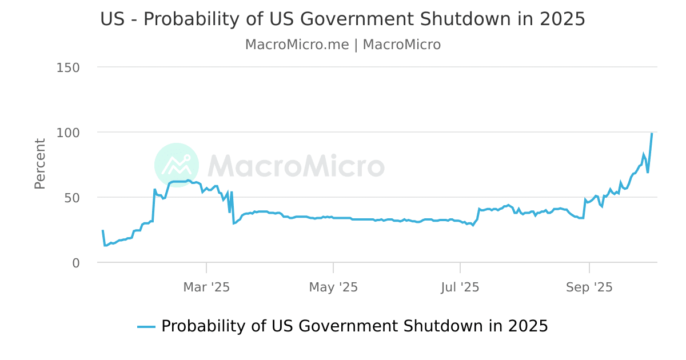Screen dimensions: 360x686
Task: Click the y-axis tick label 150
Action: pyautogui.click(x=68, y=67)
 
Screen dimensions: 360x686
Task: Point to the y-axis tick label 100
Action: pyautogui.click(x=68, y=133)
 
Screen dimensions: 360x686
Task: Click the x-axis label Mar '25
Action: pyautogui.click(x=206, y=287)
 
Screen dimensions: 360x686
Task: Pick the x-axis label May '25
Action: pyautogui.click(x=333, y=287)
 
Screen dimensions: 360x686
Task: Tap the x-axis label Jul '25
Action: pyautogui.click(x=460, y=287)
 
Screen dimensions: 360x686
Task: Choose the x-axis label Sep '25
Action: pyautogui.click(x=589, y=287)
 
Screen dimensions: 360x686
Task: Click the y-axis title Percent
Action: pyautogui.click(x=39, y=163)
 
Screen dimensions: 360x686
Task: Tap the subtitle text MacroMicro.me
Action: pyautogui.click(x=297, y=45)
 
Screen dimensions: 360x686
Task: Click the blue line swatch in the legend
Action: pyautogui.click(x=146, y=327)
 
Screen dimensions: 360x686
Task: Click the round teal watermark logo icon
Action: pyautogui.click(x=177, y=165)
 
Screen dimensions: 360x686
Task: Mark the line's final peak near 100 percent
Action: pyautogui.click(x=652, y=134)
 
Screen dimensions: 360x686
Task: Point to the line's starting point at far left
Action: pyautogui.click(x=102, y=231)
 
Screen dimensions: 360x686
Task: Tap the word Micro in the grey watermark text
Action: pyautogui.click(x=341, y=166)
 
